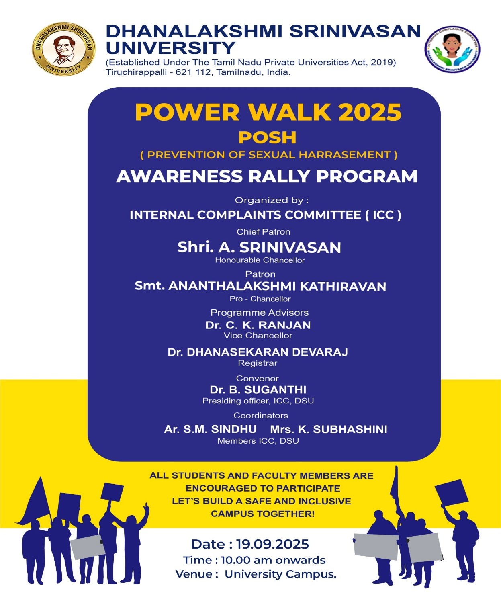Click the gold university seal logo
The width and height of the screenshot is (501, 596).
coord(63,49)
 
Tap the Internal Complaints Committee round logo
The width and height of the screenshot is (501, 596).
coord(452,49)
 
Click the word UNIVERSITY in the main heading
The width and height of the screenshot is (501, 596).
coord(170,48)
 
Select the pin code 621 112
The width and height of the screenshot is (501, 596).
coord(193,72)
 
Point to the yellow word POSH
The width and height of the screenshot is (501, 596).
coord(267,137)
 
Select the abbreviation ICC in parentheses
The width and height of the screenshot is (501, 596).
coord(383,215)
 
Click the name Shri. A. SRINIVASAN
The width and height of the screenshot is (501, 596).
coord(259,247)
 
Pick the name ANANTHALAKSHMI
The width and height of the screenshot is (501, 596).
coord(232,286)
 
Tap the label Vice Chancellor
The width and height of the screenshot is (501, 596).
coord(258,336)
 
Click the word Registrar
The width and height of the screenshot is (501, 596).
coord(258,363)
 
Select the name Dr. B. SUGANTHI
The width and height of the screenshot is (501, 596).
coord(258,389)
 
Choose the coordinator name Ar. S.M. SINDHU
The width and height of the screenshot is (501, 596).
coord(210,429)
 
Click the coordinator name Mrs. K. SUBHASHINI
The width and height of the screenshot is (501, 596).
coord(329,429)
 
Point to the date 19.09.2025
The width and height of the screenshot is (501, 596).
coord(272,544)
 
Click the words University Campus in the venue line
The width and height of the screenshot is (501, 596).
coord(280,574)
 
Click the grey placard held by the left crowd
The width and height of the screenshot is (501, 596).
coord(87,547)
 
